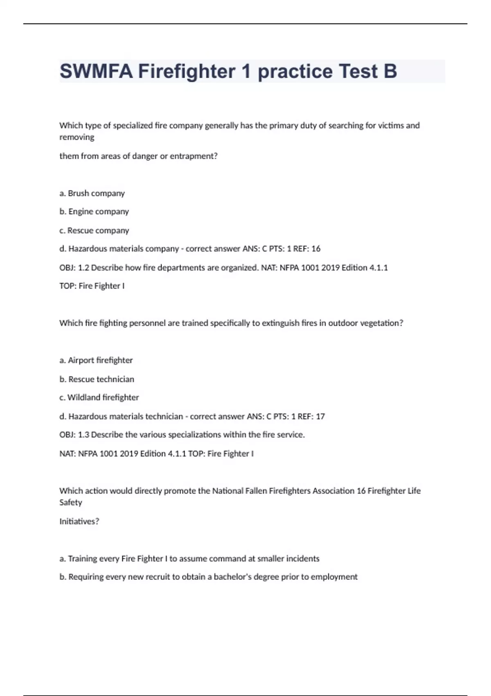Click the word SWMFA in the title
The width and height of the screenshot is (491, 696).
pyautogui.click(x=96, y=71)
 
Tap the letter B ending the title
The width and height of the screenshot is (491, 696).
pyautogui.click(x=390, y=71)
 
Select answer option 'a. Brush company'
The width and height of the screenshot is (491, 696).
pyautogui.click(x=92, y=193)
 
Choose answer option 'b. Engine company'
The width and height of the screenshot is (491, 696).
pyautogui.click(x=94, y=212)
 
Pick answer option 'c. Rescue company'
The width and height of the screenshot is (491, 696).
pyautogui.click(x=94, y=230)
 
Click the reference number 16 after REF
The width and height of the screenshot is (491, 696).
pyautogui.click(x=316, y=249)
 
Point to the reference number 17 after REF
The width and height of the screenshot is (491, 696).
pyautogui.click(x=320, y=416)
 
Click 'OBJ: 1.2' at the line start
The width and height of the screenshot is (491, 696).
pyautogui.click(x=74, y=268)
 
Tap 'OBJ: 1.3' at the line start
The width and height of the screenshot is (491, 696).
pyautogui.click(x=74, y=435)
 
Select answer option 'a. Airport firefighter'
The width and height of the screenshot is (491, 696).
pyautogui.click(x=96, y=360)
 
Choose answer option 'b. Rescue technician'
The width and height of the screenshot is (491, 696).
pyautogui.click(x=97, y=379)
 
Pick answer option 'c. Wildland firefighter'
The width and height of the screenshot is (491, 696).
pyautogui.click(x=99, y=398)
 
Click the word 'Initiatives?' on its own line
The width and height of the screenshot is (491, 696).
pyautogui.click(x=79, y=522)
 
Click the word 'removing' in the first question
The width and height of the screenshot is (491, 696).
pyautogui.click(x=77, y=137)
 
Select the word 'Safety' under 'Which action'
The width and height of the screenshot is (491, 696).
pyautogui.click(x=71, y=502)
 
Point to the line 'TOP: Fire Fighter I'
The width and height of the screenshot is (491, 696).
pyautogui.click(x=92, y=286)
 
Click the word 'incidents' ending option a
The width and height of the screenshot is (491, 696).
pyautogui.click(x=302, y=558)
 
